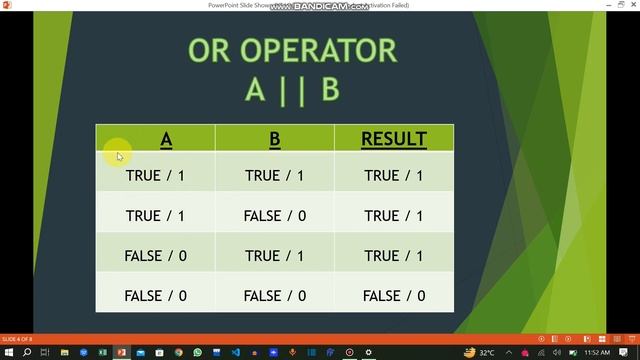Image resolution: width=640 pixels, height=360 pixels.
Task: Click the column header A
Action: point(166,139)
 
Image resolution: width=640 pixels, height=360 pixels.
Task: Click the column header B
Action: point(275,139)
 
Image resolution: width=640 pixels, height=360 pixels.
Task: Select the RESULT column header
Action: point(394,139)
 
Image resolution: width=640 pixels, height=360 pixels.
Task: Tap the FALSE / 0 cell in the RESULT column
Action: point(394,295)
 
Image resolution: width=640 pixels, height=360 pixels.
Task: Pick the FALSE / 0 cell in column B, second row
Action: point(275,215)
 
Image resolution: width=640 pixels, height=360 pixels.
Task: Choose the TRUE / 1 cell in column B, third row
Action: point(275,255)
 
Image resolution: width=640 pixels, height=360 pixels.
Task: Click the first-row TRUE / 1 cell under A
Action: point(155,175)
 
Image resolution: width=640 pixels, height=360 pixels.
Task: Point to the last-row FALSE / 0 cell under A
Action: point(155,295)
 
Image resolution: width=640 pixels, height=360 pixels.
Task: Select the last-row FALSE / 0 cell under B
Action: point(275,295)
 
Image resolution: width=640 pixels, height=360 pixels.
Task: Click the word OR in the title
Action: point(214,50)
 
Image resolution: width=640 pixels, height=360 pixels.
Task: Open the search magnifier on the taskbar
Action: point(28,352)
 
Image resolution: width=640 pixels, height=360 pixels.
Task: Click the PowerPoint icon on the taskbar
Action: point(121,352)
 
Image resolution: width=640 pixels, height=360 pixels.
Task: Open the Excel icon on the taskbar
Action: point(102,352)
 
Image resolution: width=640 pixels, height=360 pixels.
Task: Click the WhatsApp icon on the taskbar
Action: point(197,352)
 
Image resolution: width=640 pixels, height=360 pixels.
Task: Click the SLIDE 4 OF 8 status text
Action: point(16,339)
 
